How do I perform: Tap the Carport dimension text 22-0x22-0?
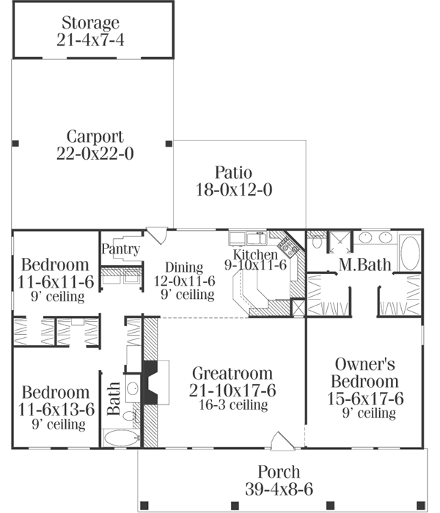95,154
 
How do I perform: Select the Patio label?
233,173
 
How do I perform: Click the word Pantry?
121,249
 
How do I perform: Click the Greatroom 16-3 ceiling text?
231,405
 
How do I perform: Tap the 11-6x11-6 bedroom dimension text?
55,281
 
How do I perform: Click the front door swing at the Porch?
282,440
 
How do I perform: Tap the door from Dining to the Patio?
156,235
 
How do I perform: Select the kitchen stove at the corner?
289,246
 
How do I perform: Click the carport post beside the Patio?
169,143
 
